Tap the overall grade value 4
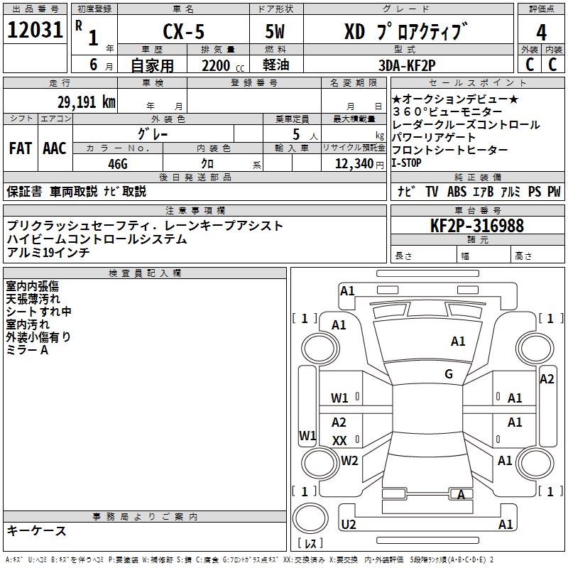click(541, 33)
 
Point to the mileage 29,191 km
click(86, 102)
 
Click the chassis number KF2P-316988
click(477, 226)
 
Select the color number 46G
click(117, 163)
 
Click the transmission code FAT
click(21, 148)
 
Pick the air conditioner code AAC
click(55, 148)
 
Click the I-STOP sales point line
click(407, 163)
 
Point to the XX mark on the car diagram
click(339, 441)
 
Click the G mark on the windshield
click(448, 374)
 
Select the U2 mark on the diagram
click(348, 525)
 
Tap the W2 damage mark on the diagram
click(349, 461)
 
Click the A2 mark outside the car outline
click(547, 379)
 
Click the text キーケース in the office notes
click(37, 531)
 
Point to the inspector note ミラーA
click(27, 350)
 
